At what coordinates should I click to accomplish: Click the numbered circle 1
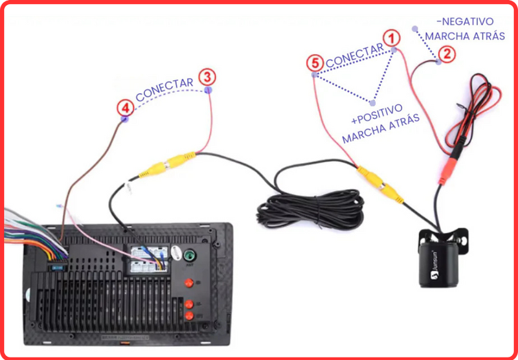pyautogui.click(x=390, y=38)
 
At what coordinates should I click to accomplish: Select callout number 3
pyautogui.click(x=207, y=77)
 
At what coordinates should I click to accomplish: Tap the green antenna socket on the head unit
pyautogui.click(x=190, y=255)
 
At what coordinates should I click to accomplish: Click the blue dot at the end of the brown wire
pyautogui.click(x=124, y=119)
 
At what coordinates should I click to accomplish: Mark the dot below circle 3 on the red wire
pyautogui.click(x=208, y=90)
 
